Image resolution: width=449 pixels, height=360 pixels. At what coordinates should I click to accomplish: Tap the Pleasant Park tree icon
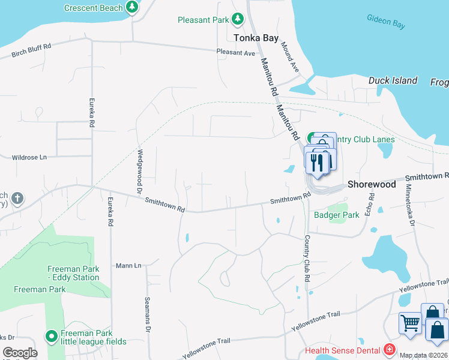click(x=238, y=20)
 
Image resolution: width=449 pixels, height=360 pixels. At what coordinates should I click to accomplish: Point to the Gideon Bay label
click(x=386, y=22)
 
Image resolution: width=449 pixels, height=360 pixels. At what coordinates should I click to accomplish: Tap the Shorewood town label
click(x=372, y=184)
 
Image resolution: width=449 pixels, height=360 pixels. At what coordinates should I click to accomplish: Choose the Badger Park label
click(x=336, y=215)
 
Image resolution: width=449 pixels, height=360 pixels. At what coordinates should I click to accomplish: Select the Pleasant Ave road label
click(x=236, y=53)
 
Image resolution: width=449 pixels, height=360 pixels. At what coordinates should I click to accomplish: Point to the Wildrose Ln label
click(x=29, y=157)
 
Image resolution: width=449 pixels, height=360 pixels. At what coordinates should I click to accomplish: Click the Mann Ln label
click(x=128, y=265)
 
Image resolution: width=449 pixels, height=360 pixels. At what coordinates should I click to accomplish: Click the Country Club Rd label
click(x=307, y=259)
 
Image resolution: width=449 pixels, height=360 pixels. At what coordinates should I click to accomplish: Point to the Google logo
click(x=20, y=352)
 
